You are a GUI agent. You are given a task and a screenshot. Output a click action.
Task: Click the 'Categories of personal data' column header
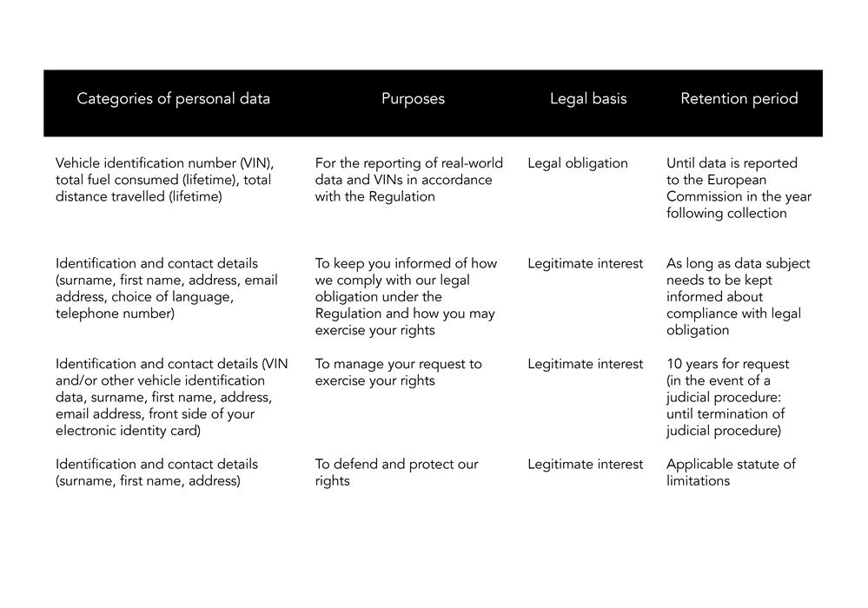173,99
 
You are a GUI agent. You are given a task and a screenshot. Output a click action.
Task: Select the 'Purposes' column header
413,99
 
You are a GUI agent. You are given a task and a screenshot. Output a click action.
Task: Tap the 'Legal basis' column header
587,99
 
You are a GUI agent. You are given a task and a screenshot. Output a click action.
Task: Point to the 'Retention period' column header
739,99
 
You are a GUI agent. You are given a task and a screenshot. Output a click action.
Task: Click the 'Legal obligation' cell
577,163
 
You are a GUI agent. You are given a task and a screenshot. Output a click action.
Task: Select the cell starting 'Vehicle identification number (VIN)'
164,180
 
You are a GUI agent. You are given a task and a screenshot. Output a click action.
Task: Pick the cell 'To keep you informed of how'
406,296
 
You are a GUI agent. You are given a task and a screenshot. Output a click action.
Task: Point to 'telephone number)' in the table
115,314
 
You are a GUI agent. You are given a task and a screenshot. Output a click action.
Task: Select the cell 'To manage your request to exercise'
398,372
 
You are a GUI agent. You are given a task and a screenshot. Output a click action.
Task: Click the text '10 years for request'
728,364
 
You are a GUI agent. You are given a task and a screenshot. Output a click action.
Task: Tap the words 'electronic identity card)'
128,431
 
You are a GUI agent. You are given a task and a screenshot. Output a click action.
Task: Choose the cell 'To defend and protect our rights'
396,472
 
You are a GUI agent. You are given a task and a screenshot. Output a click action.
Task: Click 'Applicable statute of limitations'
731,472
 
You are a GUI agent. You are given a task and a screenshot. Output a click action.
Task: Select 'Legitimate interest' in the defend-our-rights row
585,465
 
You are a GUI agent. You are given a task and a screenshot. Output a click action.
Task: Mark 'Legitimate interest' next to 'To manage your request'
585,364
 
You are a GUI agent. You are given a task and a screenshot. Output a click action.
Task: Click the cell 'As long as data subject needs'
738,296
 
